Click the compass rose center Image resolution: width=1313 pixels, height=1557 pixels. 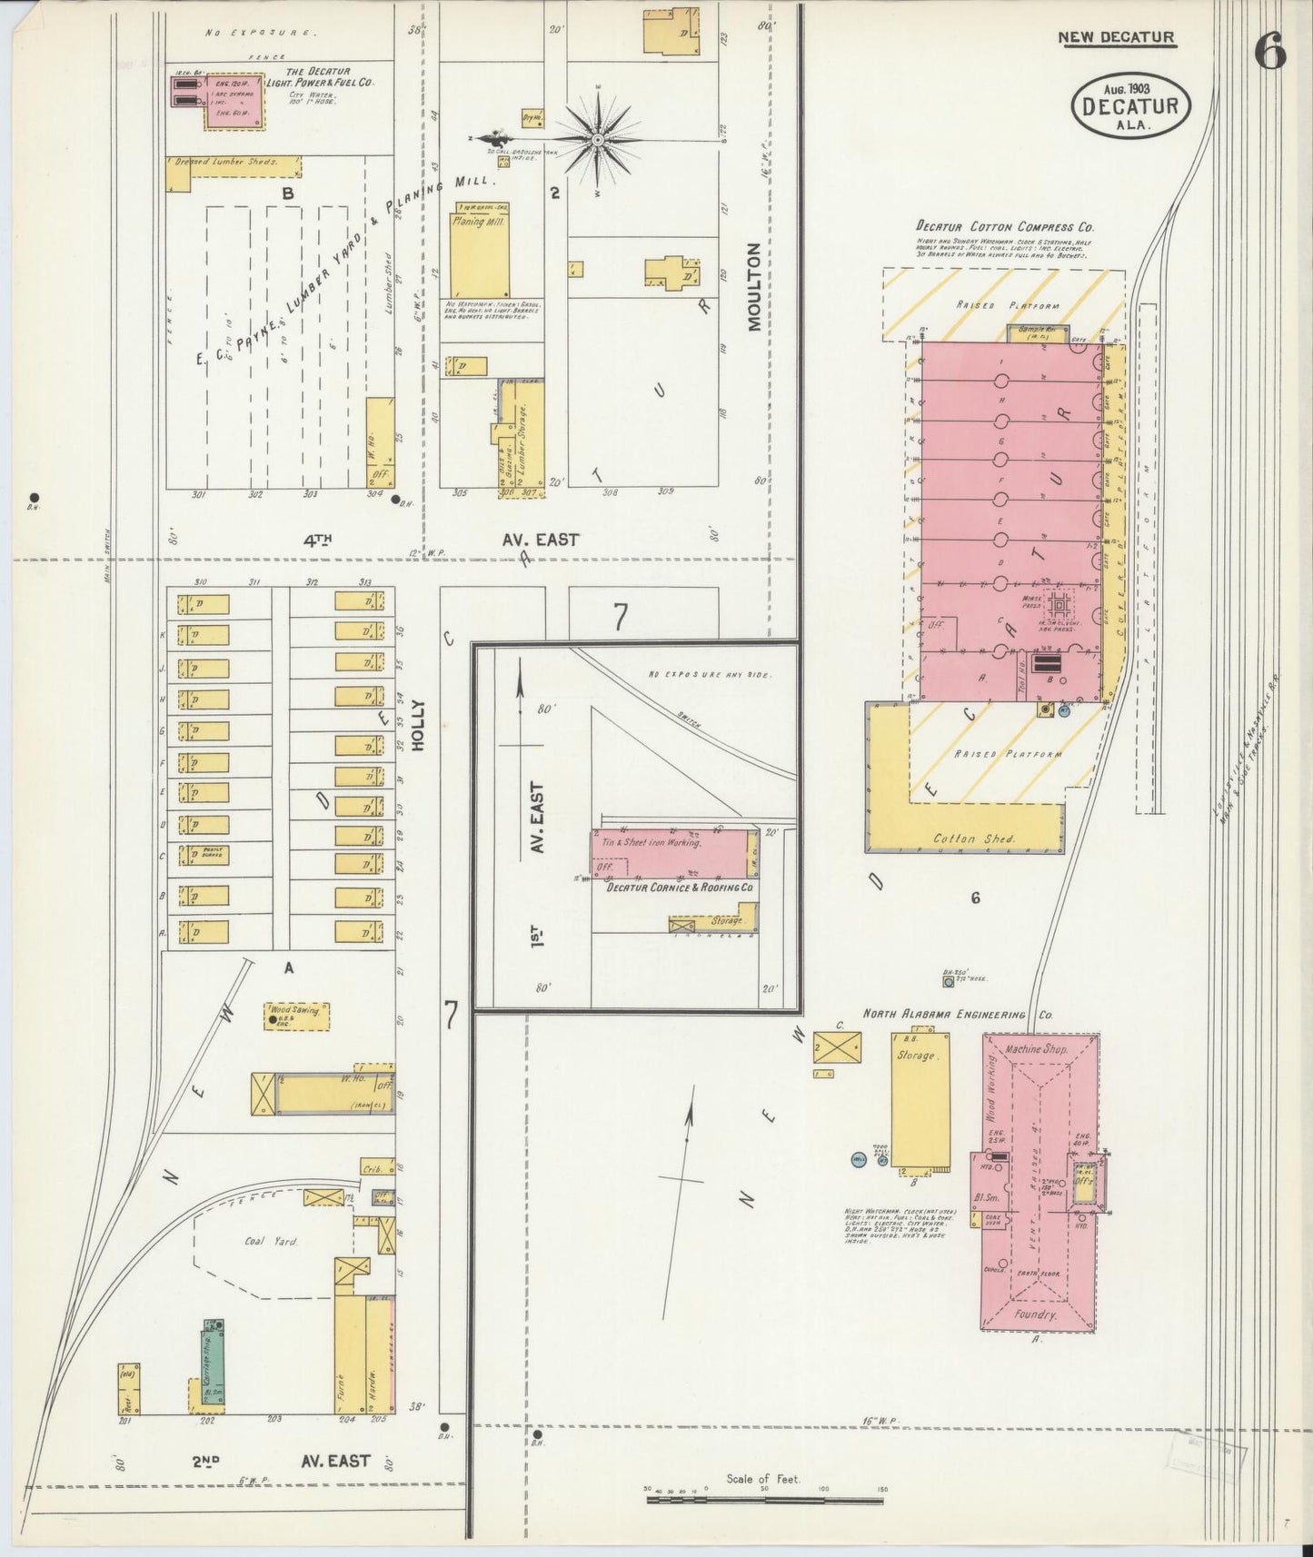598,140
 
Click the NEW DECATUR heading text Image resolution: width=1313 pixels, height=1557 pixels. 1116,37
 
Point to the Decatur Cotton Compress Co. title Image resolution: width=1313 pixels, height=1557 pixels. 1004,227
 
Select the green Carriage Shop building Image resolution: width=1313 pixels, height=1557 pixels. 213,1364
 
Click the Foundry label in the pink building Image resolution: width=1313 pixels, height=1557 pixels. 1035,1314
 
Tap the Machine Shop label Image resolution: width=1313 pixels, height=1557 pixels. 1037,1049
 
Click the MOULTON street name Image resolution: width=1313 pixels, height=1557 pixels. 754,286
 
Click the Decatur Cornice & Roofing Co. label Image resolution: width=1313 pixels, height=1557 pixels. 680,887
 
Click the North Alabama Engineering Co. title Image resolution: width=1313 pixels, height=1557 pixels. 957,1014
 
